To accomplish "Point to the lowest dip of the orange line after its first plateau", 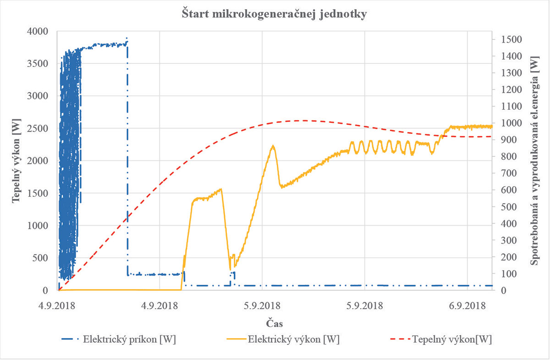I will (230, 269).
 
